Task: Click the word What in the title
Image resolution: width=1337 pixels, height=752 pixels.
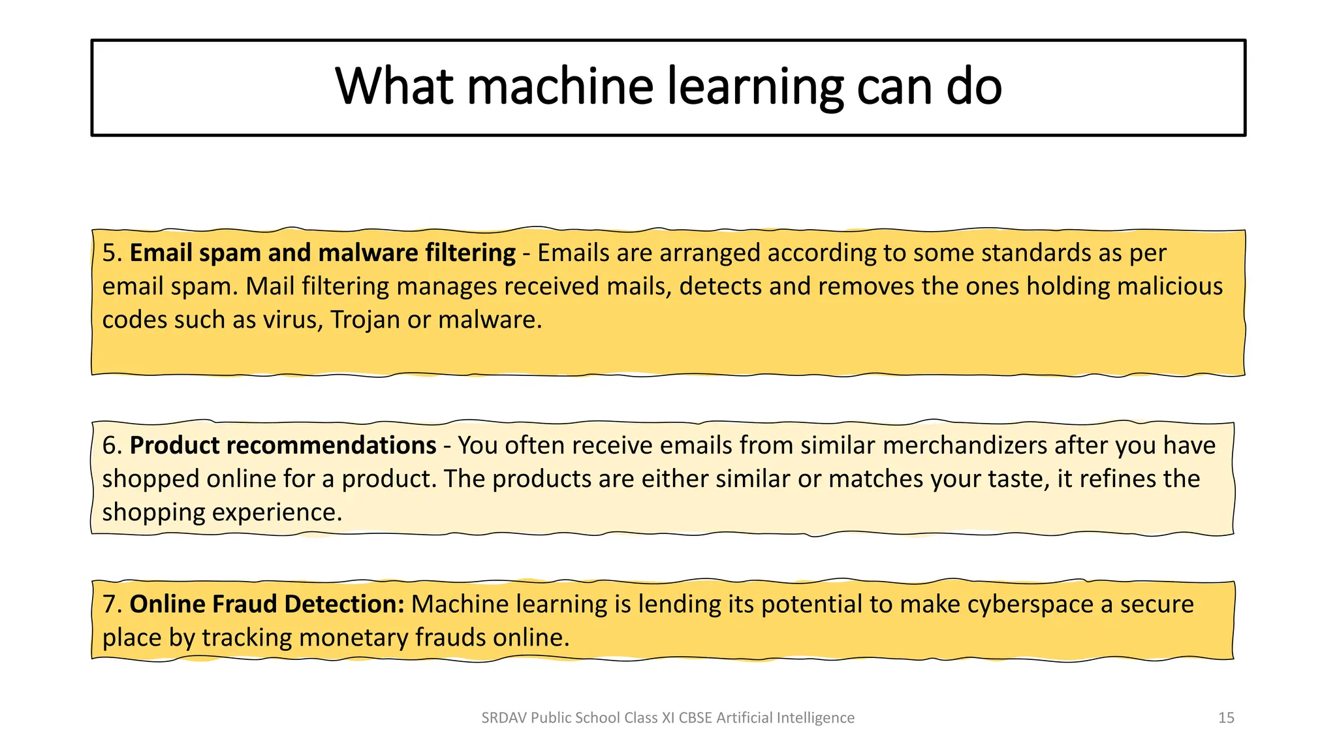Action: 394,87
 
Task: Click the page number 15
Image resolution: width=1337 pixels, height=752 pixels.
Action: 1226,718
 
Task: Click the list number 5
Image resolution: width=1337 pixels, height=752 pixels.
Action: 112,253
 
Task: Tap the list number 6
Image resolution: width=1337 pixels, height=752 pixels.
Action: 112,446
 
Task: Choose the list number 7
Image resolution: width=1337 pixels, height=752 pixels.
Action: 112,604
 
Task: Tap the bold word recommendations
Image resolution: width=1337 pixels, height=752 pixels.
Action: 331,446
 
